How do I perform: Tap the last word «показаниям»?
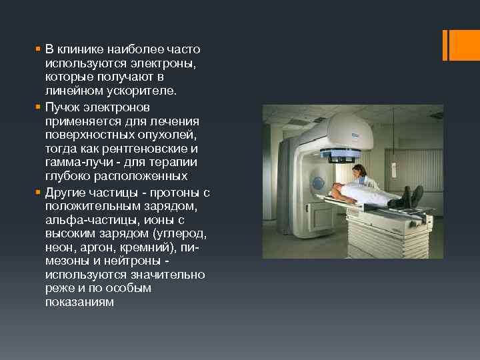point(79,302)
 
